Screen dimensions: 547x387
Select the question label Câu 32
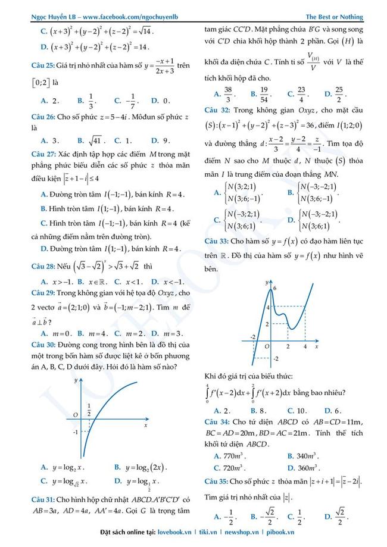point(216,110)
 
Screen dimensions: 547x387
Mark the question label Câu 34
point(216,421)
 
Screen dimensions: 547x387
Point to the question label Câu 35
point(216,480)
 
